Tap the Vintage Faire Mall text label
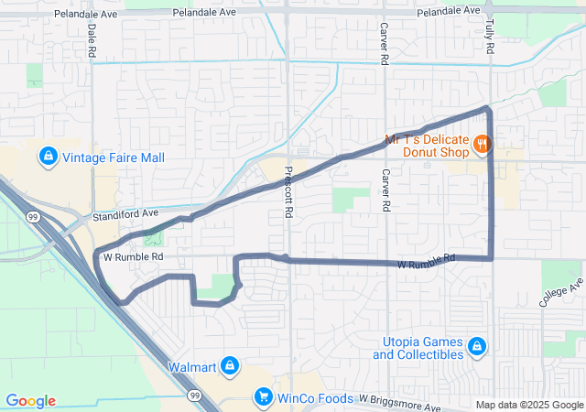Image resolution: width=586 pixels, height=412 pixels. pyautogui.click(x=114, y=158)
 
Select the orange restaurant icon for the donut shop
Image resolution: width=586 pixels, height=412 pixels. pyautogui.click(x=483, y=144)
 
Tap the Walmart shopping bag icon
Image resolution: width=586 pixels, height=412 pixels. pyautogui.click(x=230, y=366)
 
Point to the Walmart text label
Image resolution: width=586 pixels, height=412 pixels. pyautogui.click(x=191, y=367)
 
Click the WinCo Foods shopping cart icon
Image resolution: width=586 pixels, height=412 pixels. pyautogui.click(x=264, y=397)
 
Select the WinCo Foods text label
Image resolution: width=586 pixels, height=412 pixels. pyautogui.click(x=316, y=398)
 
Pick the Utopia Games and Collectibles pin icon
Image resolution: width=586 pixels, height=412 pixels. pyautogui.click(x=475, y=346)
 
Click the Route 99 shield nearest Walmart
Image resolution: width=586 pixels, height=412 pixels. pyautogui.click(x=194, y=395)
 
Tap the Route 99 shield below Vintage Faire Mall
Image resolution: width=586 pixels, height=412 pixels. pyautogui.click(x=33, y=216)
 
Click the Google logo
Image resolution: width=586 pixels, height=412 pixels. pyautogui.click(x=31, y=401)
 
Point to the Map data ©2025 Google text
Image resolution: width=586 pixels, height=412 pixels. pyautogui.click(x=528, y=406)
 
